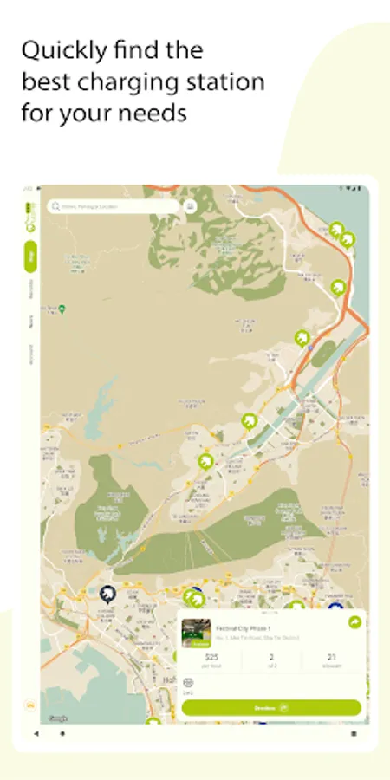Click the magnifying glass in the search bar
(56, 207)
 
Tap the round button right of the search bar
(190, 207)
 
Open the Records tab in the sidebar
(31, 289)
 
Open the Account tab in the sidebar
(31, 354)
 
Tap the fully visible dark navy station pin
(107, 594)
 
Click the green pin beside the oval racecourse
(302, 338)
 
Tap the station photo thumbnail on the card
(196, 634)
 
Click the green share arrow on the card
(354, 623)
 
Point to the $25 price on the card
(211, 658)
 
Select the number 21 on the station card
(332, 658)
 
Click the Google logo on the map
(58, 718)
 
